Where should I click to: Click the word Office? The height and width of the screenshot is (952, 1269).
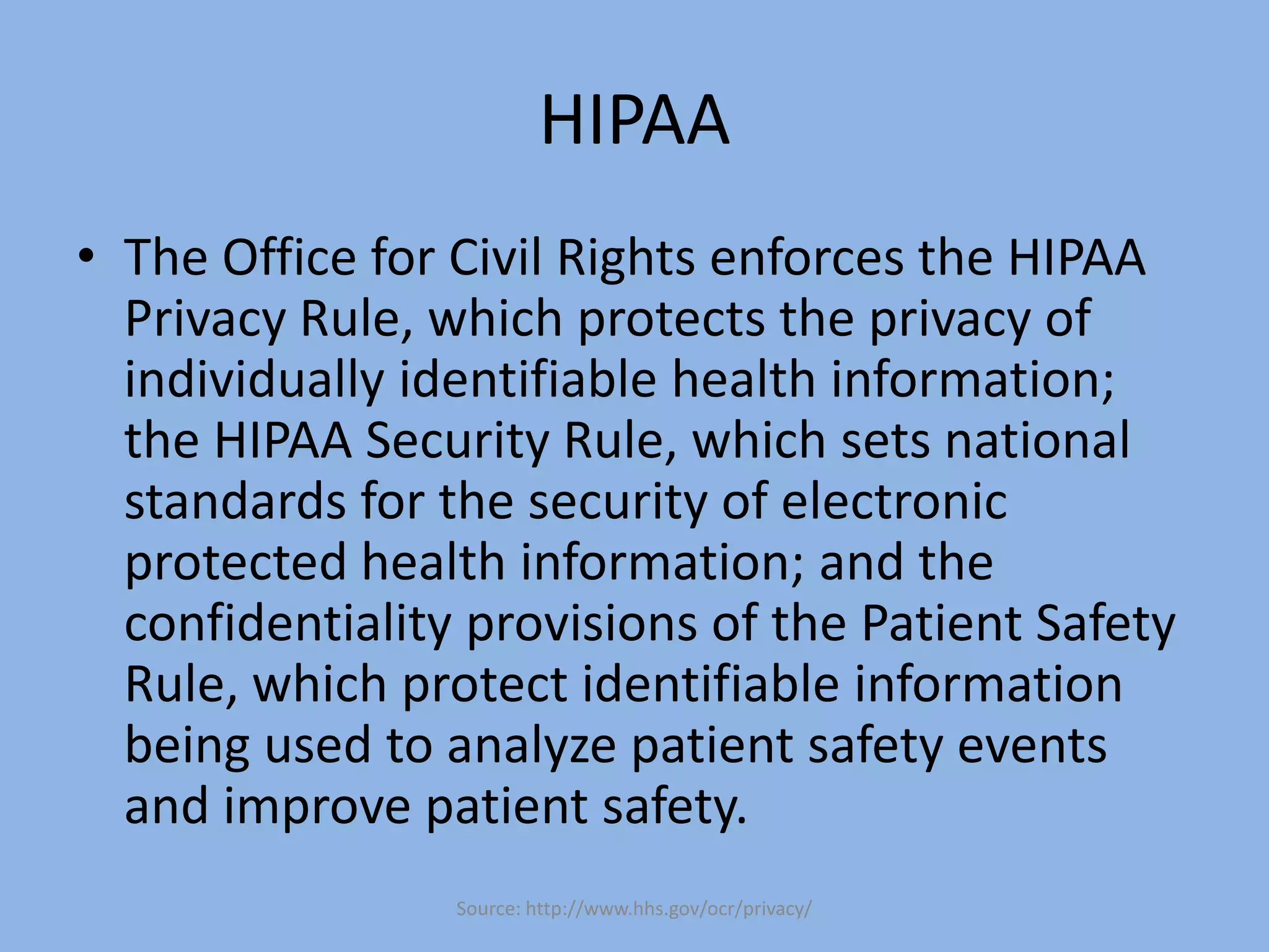pyautogui.click(x=289, y=257)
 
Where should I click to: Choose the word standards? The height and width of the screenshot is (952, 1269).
pyautogui.click(x=235, y=501)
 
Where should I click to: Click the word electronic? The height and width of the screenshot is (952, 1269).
pyautogui.click(x=894, y=501)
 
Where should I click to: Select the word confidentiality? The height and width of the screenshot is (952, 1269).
pyautogui.click(x=288, y=623)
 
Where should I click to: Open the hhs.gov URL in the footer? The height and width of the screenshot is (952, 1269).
pyautogui.click(x=668, y=909)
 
